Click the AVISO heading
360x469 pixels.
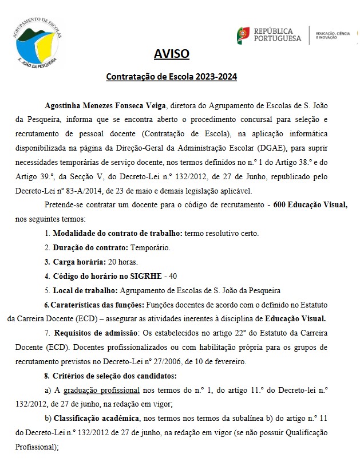[x=171, y=54]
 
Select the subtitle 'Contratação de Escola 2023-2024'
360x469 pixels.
[x=172, y=76]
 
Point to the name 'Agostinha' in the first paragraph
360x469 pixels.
[x=64, y=106]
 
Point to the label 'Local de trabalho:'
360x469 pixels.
[x=85, y=290]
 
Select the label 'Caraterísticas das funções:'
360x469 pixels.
[x=96, y=304]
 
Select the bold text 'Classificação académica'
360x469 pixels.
[x=99, y=417]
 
